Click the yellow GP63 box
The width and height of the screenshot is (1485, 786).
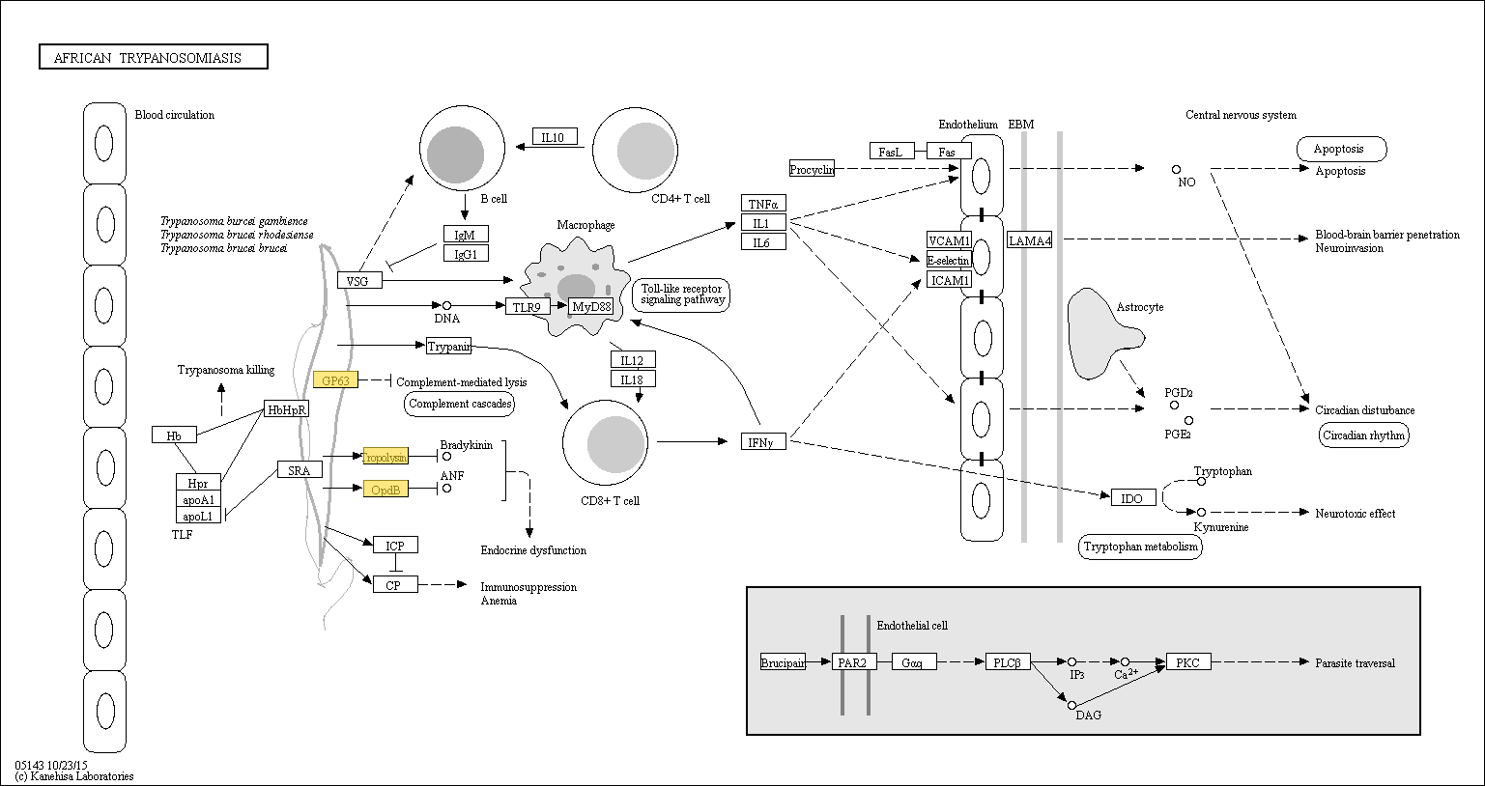coord(335,380)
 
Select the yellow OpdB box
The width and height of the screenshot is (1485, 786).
coord(386,490)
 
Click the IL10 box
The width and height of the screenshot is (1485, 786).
coord(555,137)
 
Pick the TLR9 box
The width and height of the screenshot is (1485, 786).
coord(527,307)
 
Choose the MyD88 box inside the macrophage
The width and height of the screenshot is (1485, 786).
coord(591,307)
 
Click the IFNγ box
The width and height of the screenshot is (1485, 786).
coord(763,442)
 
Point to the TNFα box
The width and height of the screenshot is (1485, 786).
coord(763,204)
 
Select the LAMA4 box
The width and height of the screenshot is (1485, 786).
coord(1030,240)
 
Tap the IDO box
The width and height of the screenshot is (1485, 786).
coord(1133,497)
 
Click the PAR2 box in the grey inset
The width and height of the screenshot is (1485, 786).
coord(854,662)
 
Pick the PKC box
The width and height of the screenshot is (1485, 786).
coord(1188,662)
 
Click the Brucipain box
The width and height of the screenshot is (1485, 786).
coord(783,662)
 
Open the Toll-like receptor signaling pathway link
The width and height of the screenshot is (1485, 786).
coord(681,295)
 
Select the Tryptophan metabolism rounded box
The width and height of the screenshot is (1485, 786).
coord(1140,547)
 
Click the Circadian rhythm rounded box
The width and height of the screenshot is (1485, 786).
coord(1363,435)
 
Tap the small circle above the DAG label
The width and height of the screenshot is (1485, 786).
coord(1071,705)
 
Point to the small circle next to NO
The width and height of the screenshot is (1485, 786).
coord(1176,170)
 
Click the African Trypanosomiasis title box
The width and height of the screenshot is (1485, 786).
coord(154,57)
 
